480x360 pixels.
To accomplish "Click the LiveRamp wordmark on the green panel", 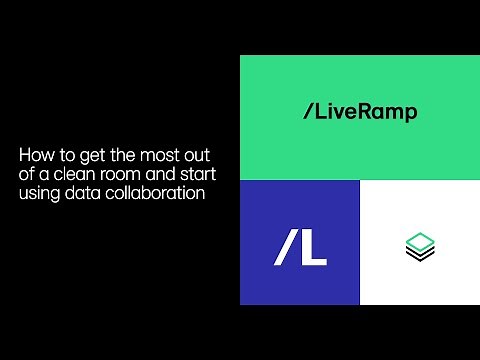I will (359, 112).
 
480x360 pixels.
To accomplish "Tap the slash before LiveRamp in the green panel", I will (307, 112).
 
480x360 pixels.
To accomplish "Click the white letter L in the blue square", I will (313, 248).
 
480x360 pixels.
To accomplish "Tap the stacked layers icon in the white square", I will (420, 245).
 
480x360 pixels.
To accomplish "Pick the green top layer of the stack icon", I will (420, 239).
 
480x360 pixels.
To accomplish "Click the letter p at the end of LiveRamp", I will (411, 114).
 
